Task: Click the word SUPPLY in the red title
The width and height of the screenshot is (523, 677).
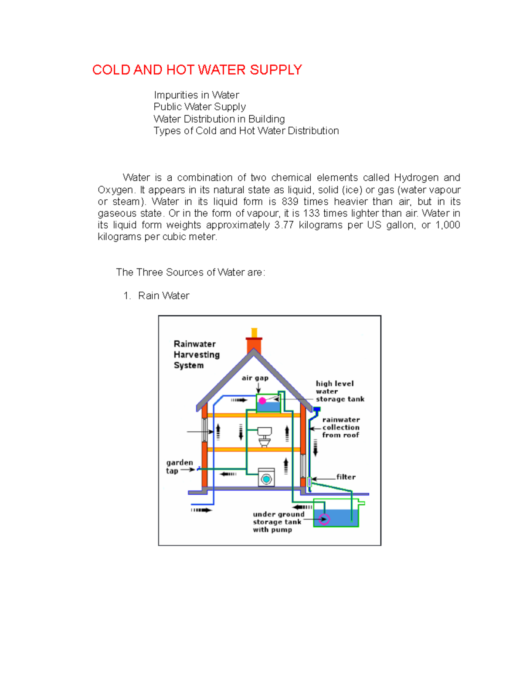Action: click(275, 70)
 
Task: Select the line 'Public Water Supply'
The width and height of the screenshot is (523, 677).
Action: click(200, 107)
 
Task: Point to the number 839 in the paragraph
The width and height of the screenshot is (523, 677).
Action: click(290, 201)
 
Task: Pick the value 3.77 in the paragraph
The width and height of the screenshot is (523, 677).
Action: click(284, 225)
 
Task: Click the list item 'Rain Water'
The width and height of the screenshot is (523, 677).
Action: click(163, 296)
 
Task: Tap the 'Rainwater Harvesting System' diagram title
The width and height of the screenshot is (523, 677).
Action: click(196, 354)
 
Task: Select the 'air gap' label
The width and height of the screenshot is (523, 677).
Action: click(255, 378)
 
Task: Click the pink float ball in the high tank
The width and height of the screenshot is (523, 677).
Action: click(262, 401)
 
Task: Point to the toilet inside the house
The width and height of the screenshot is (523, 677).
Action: click(264, 436)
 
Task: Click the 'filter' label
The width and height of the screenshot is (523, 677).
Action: click(346, 477)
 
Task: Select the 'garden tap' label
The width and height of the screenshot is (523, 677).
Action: click(179, 466)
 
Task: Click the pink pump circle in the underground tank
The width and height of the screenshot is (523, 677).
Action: click(324, 519)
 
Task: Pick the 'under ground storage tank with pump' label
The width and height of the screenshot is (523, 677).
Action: click(278, 522)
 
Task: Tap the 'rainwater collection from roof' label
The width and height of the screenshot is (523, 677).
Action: click(341, 427)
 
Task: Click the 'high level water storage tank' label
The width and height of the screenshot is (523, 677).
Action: click(340, 391)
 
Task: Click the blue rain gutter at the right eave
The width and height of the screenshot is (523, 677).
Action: click(317, 410)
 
